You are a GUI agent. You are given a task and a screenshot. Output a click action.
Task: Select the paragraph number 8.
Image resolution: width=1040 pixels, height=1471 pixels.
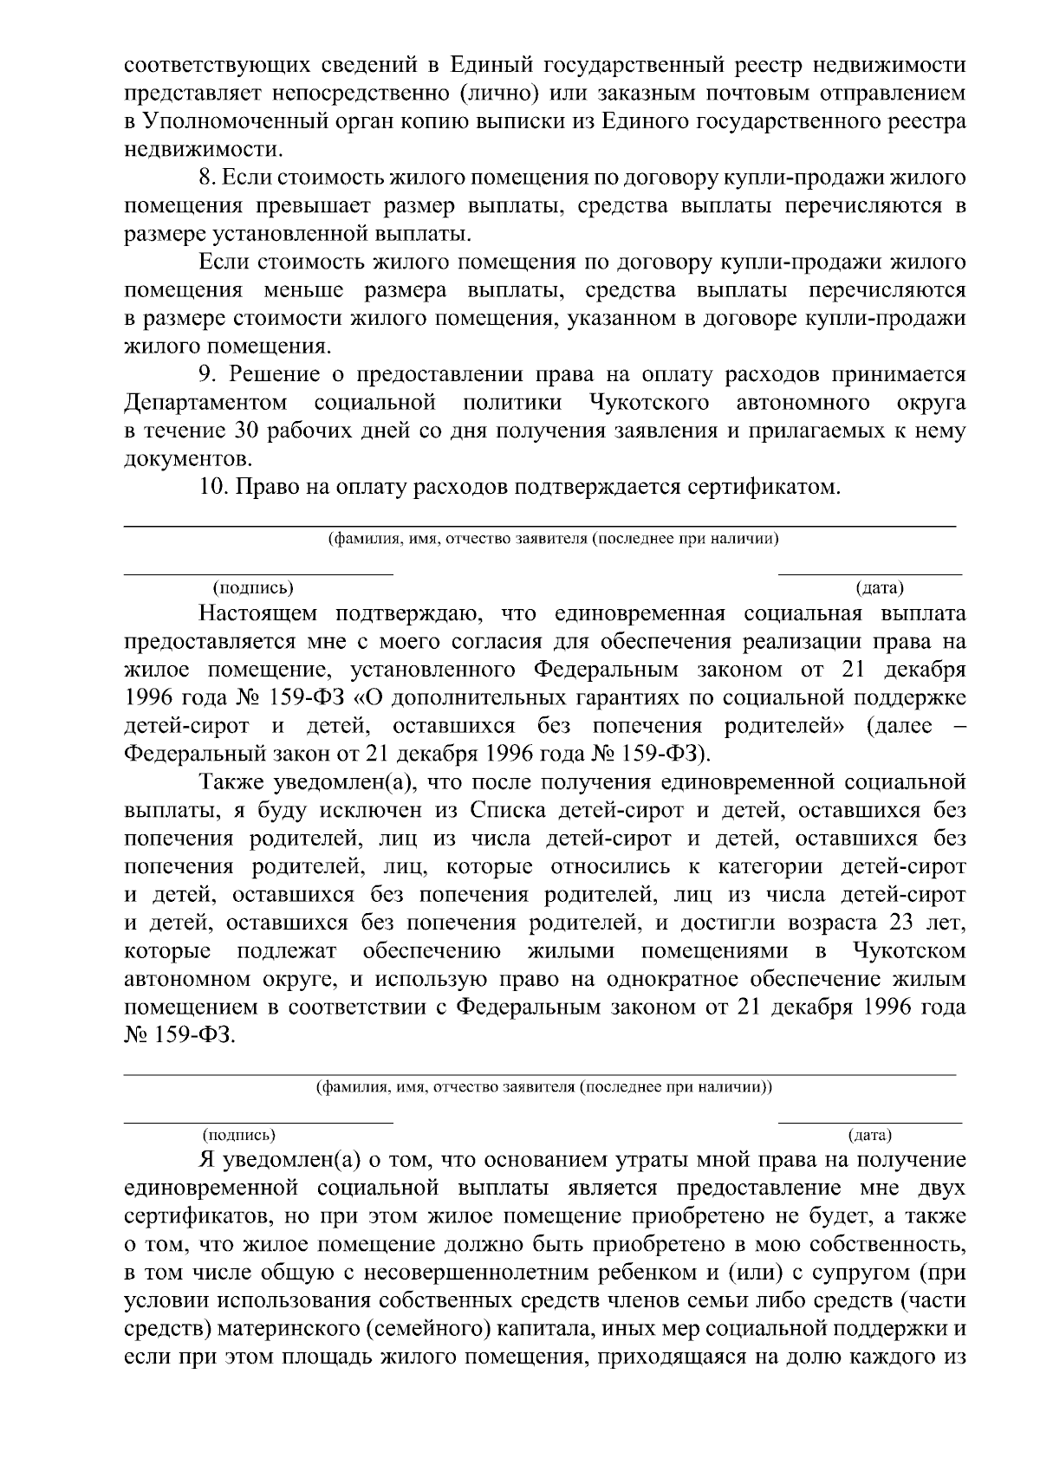pyautogui.click(x=205, y=178)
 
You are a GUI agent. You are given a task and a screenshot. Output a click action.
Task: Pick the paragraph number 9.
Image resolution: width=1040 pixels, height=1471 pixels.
pyautogui.click(x=206, y=373)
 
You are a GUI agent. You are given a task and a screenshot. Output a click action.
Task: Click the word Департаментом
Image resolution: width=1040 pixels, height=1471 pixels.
pyautogui.click(x=206, y=403)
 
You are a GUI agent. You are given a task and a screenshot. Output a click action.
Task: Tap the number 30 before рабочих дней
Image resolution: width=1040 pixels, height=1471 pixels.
pyautogui.click(x=249, y=431)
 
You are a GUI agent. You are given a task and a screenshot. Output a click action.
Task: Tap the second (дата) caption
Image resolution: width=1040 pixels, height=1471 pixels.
pyautogui.click(x=870, y=1134)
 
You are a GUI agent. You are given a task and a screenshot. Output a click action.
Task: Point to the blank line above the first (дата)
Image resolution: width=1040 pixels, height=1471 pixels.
pyautogui.click(x=870, y=573)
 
